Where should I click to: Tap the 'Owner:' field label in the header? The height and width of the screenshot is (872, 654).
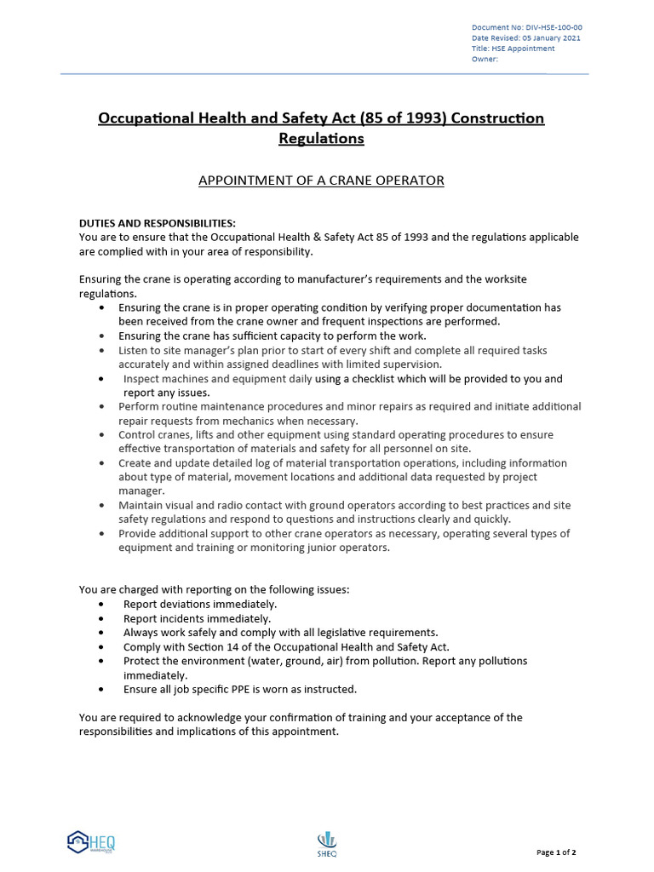(x=484, y=60)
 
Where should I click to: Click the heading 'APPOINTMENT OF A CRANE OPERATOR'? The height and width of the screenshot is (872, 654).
(x=321, y=181)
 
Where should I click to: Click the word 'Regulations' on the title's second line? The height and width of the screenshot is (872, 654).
(x=321, y=138)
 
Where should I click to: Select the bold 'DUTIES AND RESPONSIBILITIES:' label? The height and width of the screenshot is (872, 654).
(x=158, y=223)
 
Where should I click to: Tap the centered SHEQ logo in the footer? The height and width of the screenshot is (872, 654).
(x=327, y=843)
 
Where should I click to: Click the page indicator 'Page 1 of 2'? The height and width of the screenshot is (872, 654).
(x=556, y=852)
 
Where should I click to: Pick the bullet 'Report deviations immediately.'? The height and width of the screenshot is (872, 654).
(x=199, y=605)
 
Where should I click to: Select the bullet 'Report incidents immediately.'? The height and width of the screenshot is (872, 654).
(x=197, y=618)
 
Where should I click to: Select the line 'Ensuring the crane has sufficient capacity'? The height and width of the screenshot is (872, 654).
(x=272, y=336)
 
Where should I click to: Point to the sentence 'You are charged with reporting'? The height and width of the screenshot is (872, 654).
(x=213, y=589)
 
